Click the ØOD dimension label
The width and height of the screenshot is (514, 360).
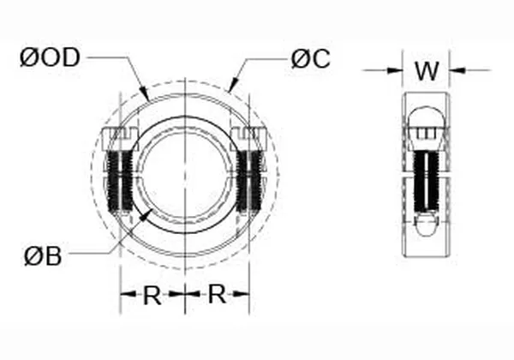click(49, 58)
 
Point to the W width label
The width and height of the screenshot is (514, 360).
click(426, 70)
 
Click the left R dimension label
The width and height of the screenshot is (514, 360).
click(152, 296)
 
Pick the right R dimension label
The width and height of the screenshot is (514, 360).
click(218, 296)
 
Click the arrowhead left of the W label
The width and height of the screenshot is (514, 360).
click(397, 70)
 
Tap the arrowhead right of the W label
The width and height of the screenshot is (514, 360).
click(455, 70)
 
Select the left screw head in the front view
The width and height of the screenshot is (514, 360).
click(119, 138)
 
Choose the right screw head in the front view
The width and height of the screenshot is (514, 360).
click(249, 138)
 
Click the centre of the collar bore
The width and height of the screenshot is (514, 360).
click(184, 171)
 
